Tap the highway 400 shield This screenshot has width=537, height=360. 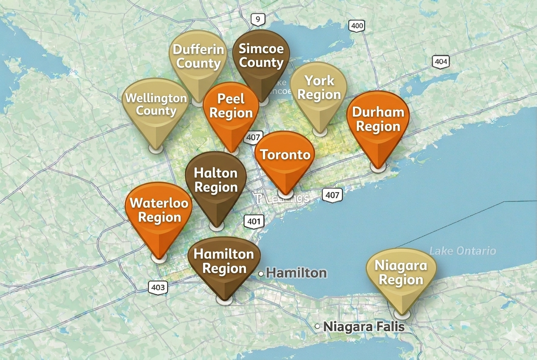357,26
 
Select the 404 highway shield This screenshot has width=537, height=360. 441,62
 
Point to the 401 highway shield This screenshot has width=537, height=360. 254,221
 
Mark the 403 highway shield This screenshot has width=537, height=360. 158,287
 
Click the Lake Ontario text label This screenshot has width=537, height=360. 462,251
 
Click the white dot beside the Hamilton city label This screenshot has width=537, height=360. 261,274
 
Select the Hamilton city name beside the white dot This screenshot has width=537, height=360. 297,273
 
